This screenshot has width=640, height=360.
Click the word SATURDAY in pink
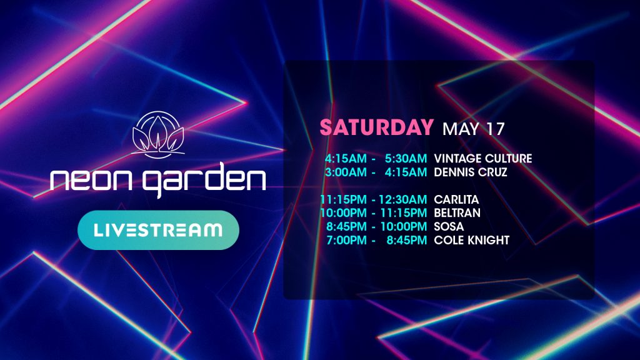click(x=376, y=127)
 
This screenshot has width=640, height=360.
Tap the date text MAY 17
click(x=474, y=129)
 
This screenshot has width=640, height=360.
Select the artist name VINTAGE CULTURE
click(x=483, y=158)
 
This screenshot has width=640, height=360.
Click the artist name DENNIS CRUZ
click(x=470, y=172)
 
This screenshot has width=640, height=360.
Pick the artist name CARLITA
click(x=456, y=199)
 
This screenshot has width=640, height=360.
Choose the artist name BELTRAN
click(x=457, y=213)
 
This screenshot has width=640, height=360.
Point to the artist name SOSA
click(x=449, y=226)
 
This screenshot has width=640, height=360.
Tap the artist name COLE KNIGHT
click(x=471, y=240)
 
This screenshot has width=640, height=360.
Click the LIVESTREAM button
click(x=158, y=230)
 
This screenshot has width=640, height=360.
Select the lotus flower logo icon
click(x=158, y=135)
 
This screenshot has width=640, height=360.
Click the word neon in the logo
click(x=91, y=179)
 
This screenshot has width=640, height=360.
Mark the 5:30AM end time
click(x=406, y=158)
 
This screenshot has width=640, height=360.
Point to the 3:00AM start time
click(x=346, y=172)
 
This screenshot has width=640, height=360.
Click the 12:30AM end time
click(x=403, y=199)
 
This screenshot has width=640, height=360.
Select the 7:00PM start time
click(x=346, y=240)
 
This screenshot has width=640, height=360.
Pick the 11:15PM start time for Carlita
click(x=343, y=199)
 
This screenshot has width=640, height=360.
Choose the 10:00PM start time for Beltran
click(x=343, y=213)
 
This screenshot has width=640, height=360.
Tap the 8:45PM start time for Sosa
click(x=346, y=226)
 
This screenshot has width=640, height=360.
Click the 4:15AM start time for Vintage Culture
click(x=346, y=158)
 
